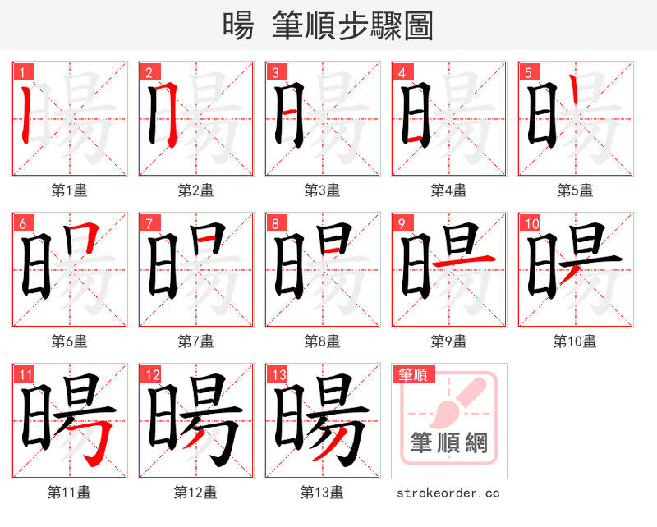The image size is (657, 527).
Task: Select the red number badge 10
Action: pyautogui.click(x=530, y=223)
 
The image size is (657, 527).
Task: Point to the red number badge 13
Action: pyautogui.click(x=277, y=374)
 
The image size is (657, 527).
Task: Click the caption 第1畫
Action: pyautogui.click(x=70, y=190)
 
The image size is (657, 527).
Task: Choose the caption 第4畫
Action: pyautogui.click(x=449, y=190)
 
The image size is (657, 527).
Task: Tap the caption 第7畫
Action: pyautogui.click(x=196, y=341)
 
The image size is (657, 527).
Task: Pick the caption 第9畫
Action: pyautogui.click(x=449, y=341)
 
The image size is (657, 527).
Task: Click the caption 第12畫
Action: pyautogui.click(x=196, y=492)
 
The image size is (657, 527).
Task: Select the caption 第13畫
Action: pyautogui.click(x=323, y=492)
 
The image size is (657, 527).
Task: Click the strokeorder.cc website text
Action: pyautogui.click(x=448, y=493)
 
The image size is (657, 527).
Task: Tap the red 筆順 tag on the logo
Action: pyautogui.click(x=412, y=374)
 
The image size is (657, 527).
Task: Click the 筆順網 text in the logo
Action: pyautogui.click(x=449, y=444)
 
